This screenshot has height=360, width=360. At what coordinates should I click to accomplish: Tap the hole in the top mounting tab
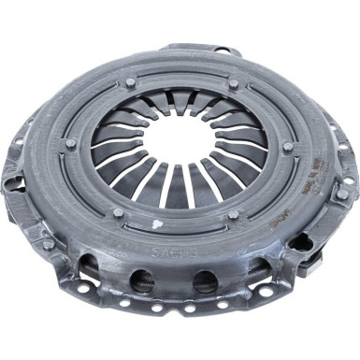[x=222, y=50]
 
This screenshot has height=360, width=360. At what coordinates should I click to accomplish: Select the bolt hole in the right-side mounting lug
[x=343, y=194]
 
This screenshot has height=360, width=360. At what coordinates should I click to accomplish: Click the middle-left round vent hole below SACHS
[x=142, y=278]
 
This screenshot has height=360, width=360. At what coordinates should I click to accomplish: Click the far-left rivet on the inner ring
[x=71, y=143]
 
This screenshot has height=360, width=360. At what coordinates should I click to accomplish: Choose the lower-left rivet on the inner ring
[x=118, y=212]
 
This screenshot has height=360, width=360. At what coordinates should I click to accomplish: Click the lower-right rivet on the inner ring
[x=233, y=216]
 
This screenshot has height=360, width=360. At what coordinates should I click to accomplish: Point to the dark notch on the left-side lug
[x=12, y=184]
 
